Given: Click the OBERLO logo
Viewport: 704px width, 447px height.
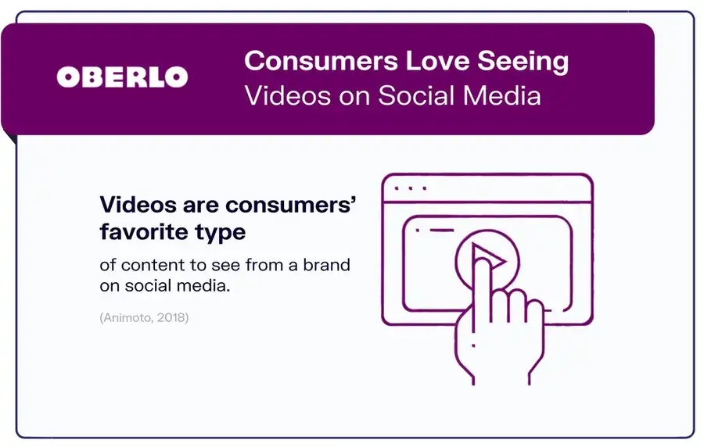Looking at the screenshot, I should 122,77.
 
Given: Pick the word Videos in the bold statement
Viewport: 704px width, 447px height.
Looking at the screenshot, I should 134,205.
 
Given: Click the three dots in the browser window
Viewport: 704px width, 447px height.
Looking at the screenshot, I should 411,188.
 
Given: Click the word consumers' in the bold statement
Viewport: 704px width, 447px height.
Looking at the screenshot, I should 291,205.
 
